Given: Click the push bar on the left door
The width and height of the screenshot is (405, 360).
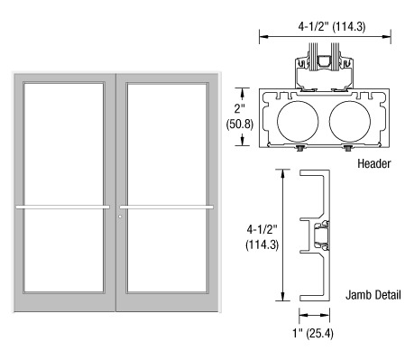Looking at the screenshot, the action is coord(63,207).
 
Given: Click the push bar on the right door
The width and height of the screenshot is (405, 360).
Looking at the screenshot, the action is coord(167,207).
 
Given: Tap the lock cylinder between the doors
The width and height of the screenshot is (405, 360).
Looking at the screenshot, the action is coord(120,217).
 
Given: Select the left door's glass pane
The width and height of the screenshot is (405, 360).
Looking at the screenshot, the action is coord(64,187).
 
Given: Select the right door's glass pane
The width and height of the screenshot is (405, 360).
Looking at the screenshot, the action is coord(167,187).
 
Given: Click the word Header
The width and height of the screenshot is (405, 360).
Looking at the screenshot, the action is coord(374,163).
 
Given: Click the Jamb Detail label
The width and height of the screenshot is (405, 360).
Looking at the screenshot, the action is coord(373,295).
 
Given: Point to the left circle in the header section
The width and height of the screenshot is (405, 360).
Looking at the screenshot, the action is coord(298,122).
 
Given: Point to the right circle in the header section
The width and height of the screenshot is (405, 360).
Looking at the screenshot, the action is coord(350,122).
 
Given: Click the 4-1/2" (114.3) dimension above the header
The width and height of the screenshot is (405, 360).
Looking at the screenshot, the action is coord(332,27).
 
